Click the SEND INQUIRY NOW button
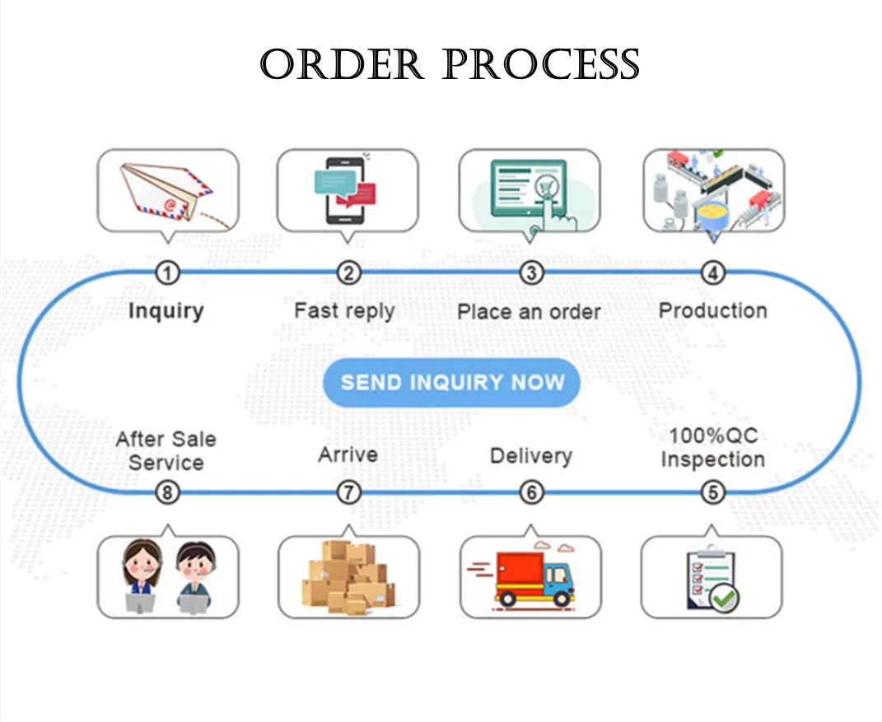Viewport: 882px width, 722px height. pyautogui.click(x=451, y=383)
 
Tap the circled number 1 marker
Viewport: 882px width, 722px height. pyautogui.click(x=168, y=272)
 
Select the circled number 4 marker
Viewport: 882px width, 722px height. pyautogui.click(x=712, y=272)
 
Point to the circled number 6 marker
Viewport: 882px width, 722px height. pyautogui.click(x=532, y=492)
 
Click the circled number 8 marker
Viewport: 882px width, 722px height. pyautogui.click(x=168, y=492)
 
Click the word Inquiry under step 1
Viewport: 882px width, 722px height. pyautogui.click(x=166, y=311)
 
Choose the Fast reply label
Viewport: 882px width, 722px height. pyautogui.click(x=344, y=311)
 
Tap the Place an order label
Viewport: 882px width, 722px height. pyautogui.click(x=529, y=312)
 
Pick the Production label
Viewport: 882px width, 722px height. pyautogui.click(x=712, y=310)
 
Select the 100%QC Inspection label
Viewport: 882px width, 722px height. pyautogui.click(x=712, y=447)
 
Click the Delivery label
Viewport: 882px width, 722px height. pyautogui.click(x=530, y=455)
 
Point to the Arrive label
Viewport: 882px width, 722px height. pyautogui.click(x=348, y=454)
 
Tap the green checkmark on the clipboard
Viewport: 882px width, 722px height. pyautogui.click(x=725, y=598)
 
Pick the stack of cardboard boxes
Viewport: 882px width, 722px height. pyautogui.click(x=350, y=576)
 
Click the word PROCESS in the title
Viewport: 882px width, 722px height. pyautogui.click(x=544, y=65)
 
